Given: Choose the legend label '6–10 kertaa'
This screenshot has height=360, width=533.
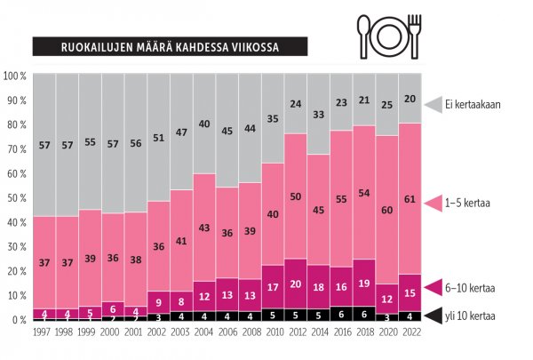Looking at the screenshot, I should point(476,287).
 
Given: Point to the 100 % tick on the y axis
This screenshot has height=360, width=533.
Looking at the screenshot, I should point(16,76).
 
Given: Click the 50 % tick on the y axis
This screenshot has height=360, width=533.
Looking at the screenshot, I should point(17,198).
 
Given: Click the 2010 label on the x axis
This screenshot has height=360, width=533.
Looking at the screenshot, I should point(274,331).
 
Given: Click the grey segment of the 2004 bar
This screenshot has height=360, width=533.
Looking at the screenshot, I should point(205,124).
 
